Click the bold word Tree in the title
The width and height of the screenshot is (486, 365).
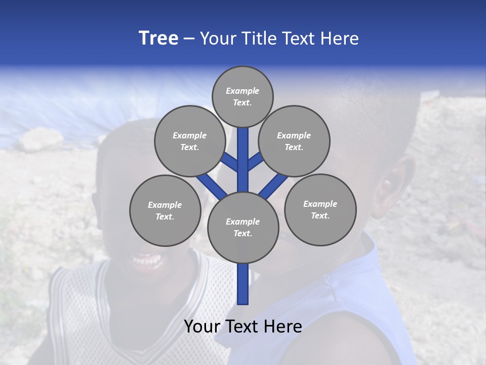coord(158,39)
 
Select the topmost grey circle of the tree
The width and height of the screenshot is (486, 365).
coord(242,96)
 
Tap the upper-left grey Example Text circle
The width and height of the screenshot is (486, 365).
coord(190,141)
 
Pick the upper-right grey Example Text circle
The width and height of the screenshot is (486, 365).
coord(294,141)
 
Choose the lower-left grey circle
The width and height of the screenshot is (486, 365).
coord(165,210)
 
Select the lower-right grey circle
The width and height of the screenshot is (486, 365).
coord(320,209)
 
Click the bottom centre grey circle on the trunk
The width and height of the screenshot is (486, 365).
coord(243,228)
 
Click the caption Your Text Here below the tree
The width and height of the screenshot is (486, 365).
coord(243,326)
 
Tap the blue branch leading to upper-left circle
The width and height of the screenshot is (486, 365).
coord(229,162)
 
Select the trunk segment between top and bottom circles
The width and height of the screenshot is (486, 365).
coord(243,162)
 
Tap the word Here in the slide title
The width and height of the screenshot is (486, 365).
coord(341,39)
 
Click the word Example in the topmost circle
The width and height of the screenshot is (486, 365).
coord(242,91)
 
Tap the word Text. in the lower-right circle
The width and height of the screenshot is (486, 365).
coord(320,215)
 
